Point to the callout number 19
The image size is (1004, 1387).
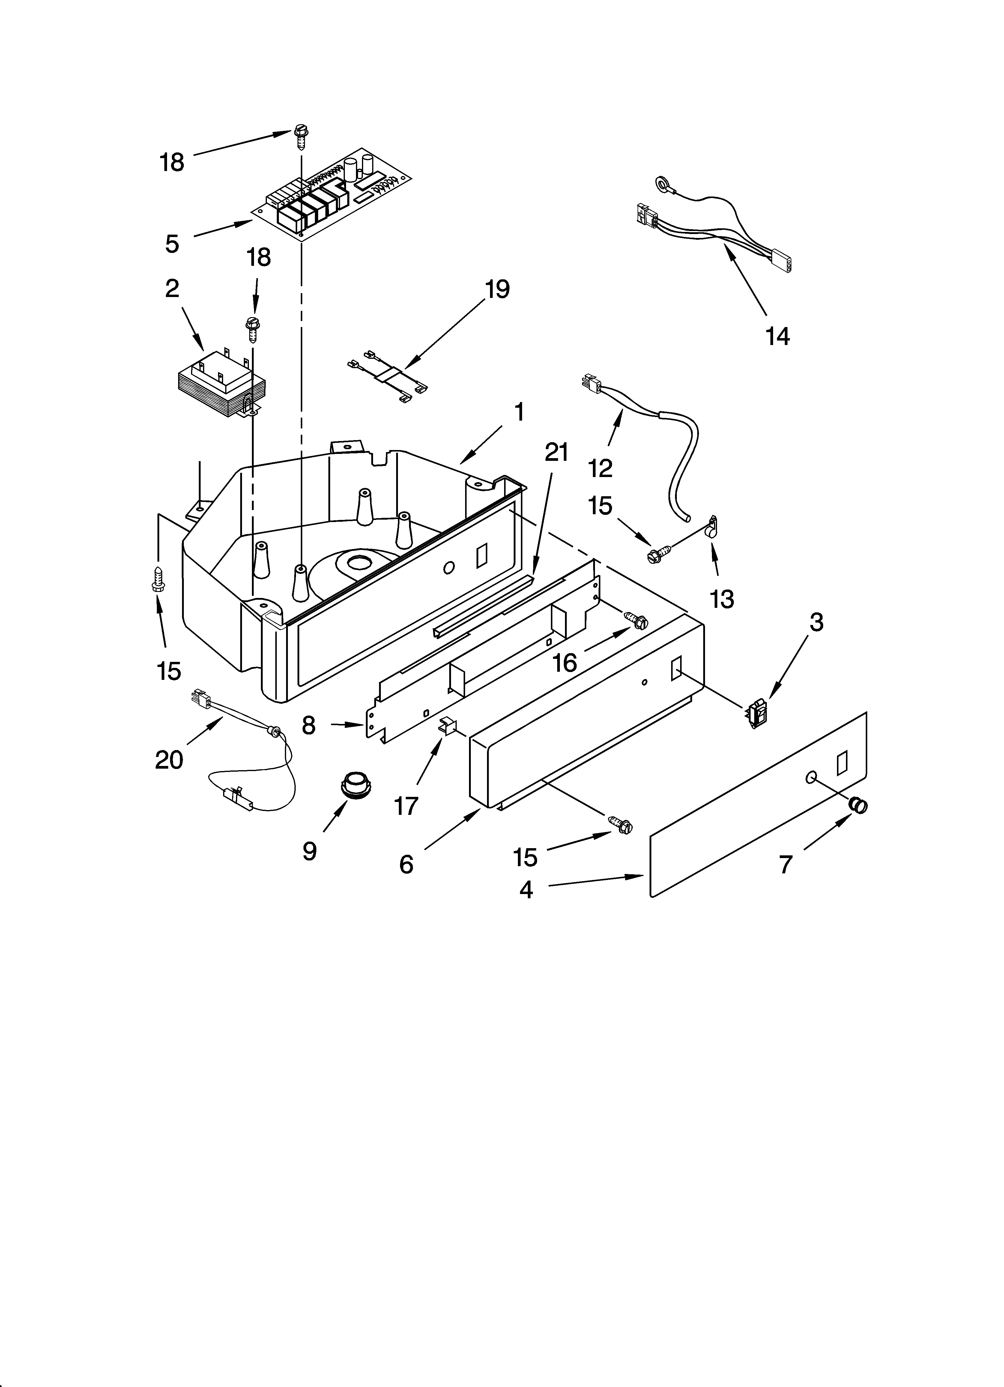[497, 289]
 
